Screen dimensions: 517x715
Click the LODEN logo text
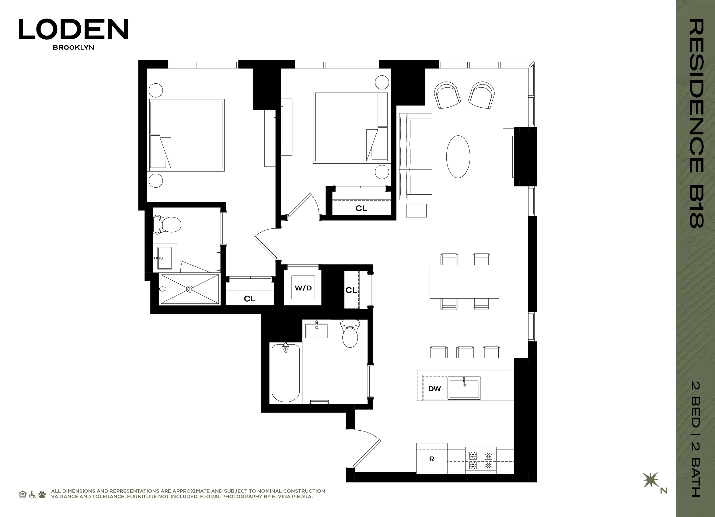tap(73, 29)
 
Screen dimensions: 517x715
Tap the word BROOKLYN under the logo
tap(73, 47)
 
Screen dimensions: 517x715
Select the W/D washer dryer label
tap(303, 288)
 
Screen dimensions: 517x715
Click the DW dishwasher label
tap(434, 389)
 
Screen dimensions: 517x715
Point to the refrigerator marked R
tap(431, 459)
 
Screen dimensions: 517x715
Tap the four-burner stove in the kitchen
tap(480, 460)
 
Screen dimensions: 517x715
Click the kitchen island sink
tap(464, 388)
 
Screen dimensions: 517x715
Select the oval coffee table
tap(458, 157)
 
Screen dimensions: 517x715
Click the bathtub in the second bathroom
tap(285, 373)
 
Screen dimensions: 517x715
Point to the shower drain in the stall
tap(190, 289)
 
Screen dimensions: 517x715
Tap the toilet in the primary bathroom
tap(167, 224)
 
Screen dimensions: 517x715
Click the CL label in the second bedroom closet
tap(361, 208)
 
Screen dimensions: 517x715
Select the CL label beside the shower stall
tap(249, 299)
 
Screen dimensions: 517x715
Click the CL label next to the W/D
tap(351, 290)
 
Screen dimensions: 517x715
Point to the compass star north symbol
tap(651, 480)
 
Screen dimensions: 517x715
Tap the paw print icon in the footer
tap(42, 494)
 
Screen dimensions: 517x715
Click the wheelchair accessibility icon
tap(32, 494)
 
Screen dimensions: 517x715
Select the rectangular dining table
tap(464, 281)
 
